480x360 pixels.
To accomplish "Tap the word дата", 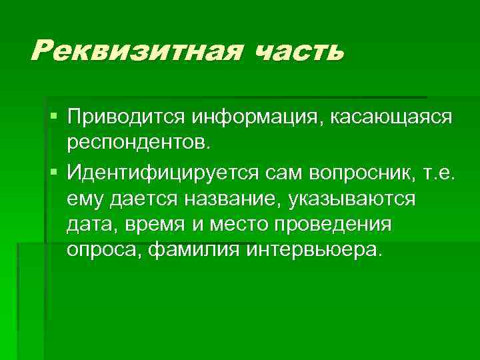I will pyautogui.click(x=91, y=225).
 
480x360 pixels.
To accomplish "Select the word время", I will pyautogui.click(x=155, y=225).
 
